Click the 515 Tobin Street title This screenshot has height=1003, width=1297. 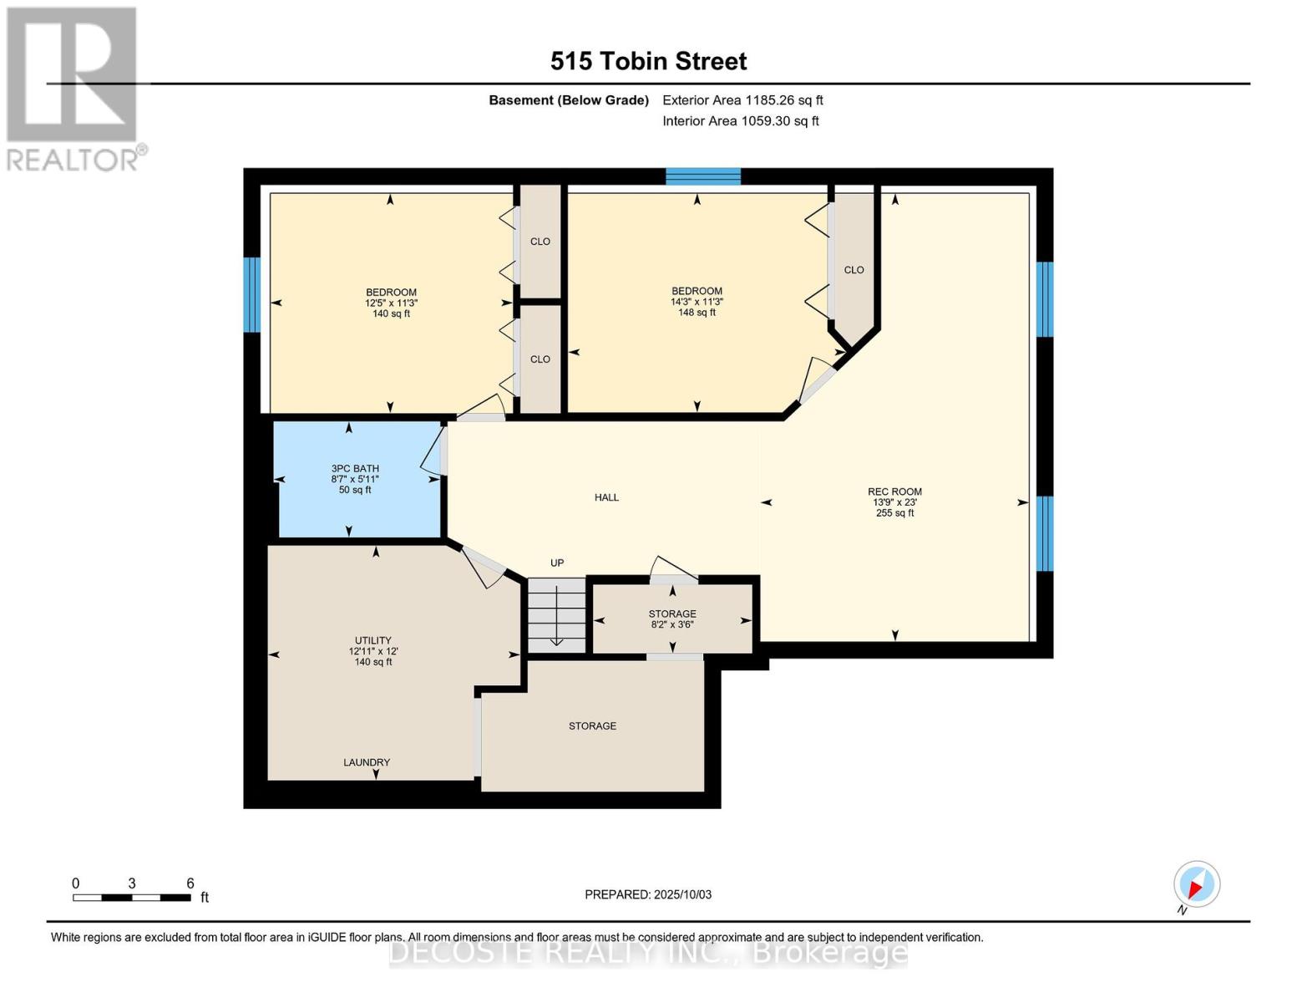click(648, 61)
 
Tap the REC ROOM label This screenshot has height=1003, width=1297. click(894, 491)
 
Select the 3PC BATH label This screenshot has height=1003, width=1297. click(355, 468)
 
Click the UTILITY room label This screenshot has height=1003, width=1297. click(373, 640)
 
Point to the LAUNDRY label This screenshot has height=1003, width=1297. click(367, 762)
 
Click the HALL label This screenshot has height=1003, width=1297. click(606, 497)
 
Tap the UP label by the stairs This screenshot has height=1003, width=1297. click(557, 563)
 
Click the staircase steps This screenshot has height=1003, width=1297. click(556, 615)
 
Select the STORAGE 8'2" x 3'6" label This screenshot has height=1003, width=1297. click(672, 619)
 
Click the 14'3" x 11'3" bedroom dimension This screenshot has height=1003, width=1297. click(697, 302)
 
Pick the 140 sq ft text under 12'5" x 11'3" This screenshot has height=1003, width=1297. click(391, 313)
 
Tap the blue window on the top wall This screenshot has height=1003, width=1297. click(703, 177)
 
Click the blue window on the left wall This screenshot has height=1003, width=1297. click(252, 294)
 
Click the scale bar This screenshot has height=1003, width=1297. click(132, 898)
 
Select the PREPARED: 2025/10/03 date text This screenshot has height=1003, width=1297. click(648, 894)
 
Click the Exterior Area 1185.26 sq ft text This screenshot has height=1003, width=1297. click(742, 100)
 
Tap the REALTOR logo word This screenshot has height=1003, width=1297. click(73, 160)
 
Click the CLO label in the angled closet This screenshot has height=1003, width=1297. click(854, 270)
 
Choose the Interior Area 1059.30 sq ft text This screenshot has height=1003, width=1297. click(741, 121)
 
